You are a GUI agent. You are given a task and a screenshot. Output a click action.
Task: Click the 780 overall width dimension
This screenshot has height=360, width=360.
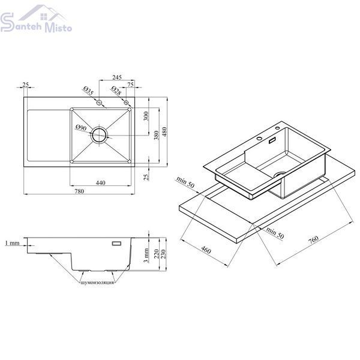click(79, 191)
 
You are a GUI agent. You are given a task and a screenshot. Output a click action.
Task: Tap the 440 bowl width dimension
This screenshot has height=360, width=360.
click(100, 183)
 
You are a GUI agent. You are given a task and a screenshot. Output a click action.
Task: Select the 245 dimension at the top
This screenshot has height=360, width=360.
click(117, 77)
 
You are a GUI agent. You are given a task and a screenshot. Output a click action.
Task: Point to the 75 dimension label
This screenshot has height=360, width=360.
click(130, 85)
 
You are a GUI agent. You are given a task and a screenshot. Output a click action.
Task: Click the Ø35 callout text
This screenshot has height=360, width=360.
click(88, 91)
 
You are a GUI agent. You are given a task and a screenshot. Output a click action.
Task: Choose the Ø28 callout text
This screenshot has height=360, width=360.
click(116, 91)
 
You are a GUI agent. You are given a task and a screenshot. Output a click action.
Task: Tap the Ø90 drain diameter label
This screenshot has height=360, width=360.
click(81, 128)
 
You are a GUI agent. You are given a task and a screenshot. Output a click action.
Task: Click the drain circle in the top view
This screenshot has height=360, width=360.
click(99, 135)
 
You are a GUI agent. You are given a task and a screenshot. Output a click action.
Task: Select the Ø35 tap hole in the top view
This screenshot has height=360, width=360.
click(99, 103)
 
